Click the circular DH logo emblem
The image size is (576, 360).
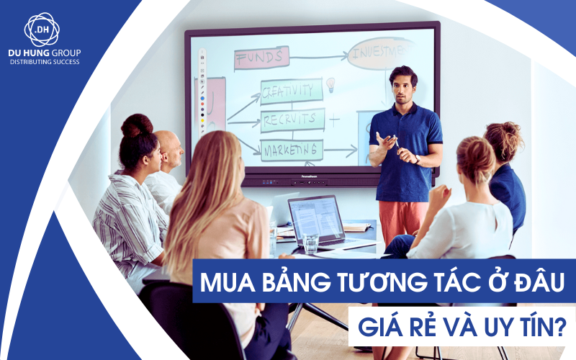click(42, 30)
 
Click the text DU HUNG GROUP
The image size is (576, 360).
click(44, 54)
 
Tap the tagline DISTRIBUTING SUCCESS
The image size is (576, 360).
click(44, 63)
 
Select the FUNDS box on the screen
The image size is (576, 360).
click(261, 58)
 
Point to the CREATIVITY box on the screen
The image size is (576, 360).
click(290, 91)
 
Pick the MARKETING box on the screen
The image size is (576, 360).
click(291, 150)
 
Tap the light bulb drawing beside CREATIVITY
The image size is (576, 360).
click(330, 85)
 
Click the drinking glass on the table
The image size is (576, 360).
click(310, 242)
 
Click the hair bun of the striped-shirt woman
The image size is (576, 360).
click(137, 125)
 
